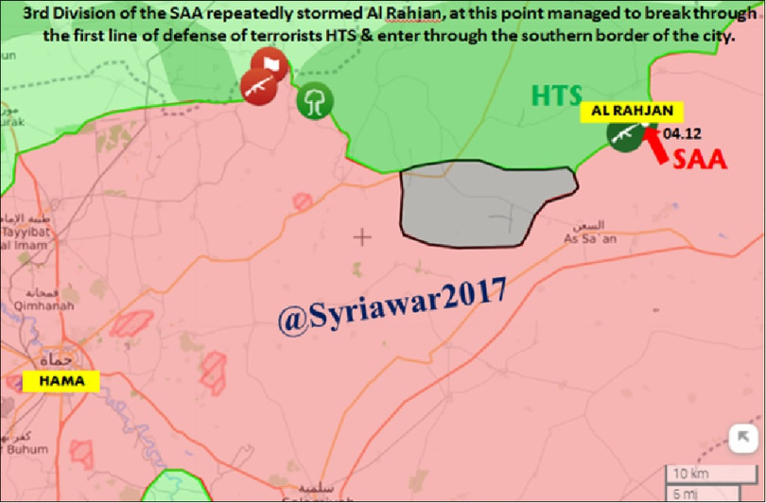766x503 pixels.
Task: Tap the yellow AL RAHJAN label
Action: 625,111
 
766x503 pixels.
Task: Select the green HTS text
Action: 556,95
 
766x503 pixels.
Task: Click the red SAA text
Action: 699,159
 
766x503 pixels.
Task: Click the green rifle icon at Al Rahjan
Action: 623,134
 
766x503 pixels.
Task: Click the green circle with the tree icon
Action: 313,100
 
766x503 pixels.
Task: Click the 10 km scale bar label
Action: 688,473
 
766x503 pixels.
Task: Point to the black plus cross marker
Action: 361,235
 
